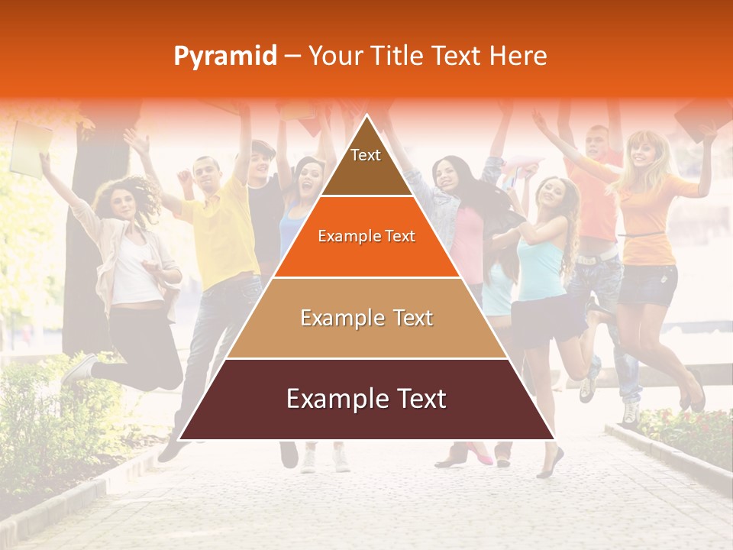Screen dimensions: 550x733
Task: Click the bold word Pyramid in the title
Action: pos(224,57)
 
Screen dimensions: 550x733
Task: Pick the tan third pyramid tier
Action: pos(366,318)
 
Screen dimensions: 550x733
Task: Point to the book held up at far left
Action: pos(31,148)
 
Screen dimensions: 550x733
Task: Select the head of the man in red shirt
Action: pos(597,141)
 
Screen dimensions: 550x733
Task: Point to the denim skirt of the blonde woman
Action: pos(647,284)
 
